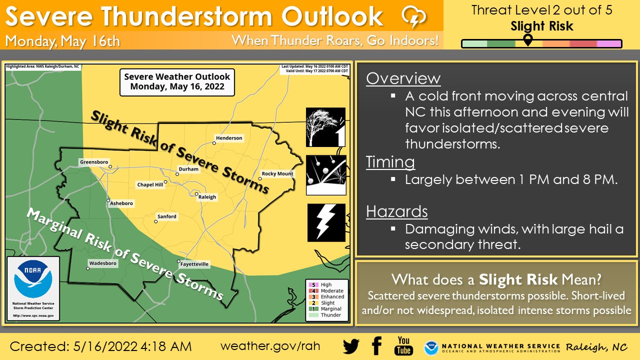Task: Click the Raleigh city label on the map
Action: point(207,197)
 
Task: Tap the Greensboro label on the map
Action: point(93,162)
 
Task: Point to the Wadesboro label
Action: point(102,263)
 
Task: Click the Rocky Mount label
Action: point(277,173)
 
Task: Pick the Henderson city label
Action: point(229,138)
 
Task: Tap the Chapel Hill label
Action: point(150,185)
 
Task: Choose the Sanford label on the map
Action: point(166,216)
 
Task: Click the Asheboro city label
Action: point(121,203)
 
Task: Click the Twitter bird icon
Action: point(351,346)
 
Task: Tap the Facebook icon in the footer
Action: point(377,346)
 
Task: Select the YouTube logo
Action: point(403,346)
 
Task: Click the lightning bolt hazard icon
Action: point(326,222)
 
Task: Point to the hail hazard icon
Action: point(326,175)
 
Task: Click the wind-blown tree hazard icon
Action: point(326,127)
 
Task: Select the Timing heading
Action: point(390,162)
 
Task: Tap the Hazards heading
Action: point(396,211)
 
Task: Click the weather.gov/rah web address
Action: point(270,346)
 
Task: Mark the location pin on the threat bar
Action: point(527,39)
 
